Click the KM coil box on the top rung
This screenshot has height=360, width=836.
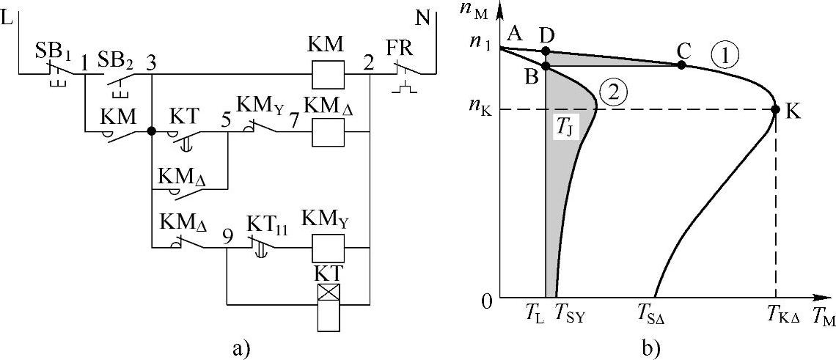(329, 74)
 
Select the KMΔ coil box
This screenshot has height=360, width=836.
(329, 133)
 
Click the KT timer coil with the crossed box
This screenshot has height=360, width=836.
(329, 295)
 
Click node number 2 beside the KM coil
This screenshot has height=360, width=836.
(367, 63)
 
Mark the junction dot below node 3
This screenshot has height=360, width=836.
(151, 132)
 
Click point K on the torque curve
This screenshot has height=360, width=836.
(776, 110)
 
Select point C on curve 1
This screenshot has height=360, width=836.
(682, 65)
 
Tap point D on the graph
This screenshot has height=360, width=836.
(546, 51)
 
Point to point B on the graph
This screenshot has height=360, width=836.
(546, 67)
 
